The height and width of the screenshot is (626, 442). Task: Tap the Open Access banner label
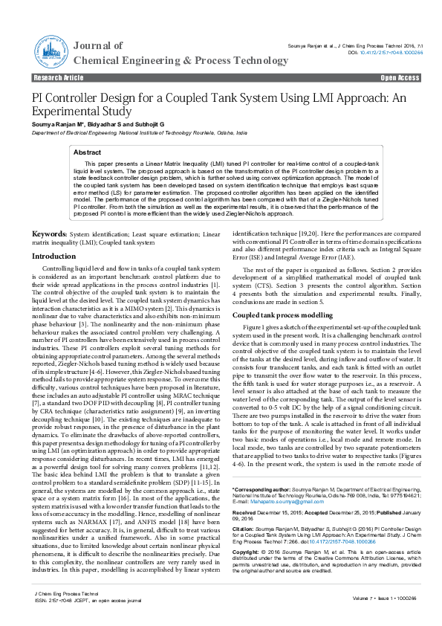point(400,77)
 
